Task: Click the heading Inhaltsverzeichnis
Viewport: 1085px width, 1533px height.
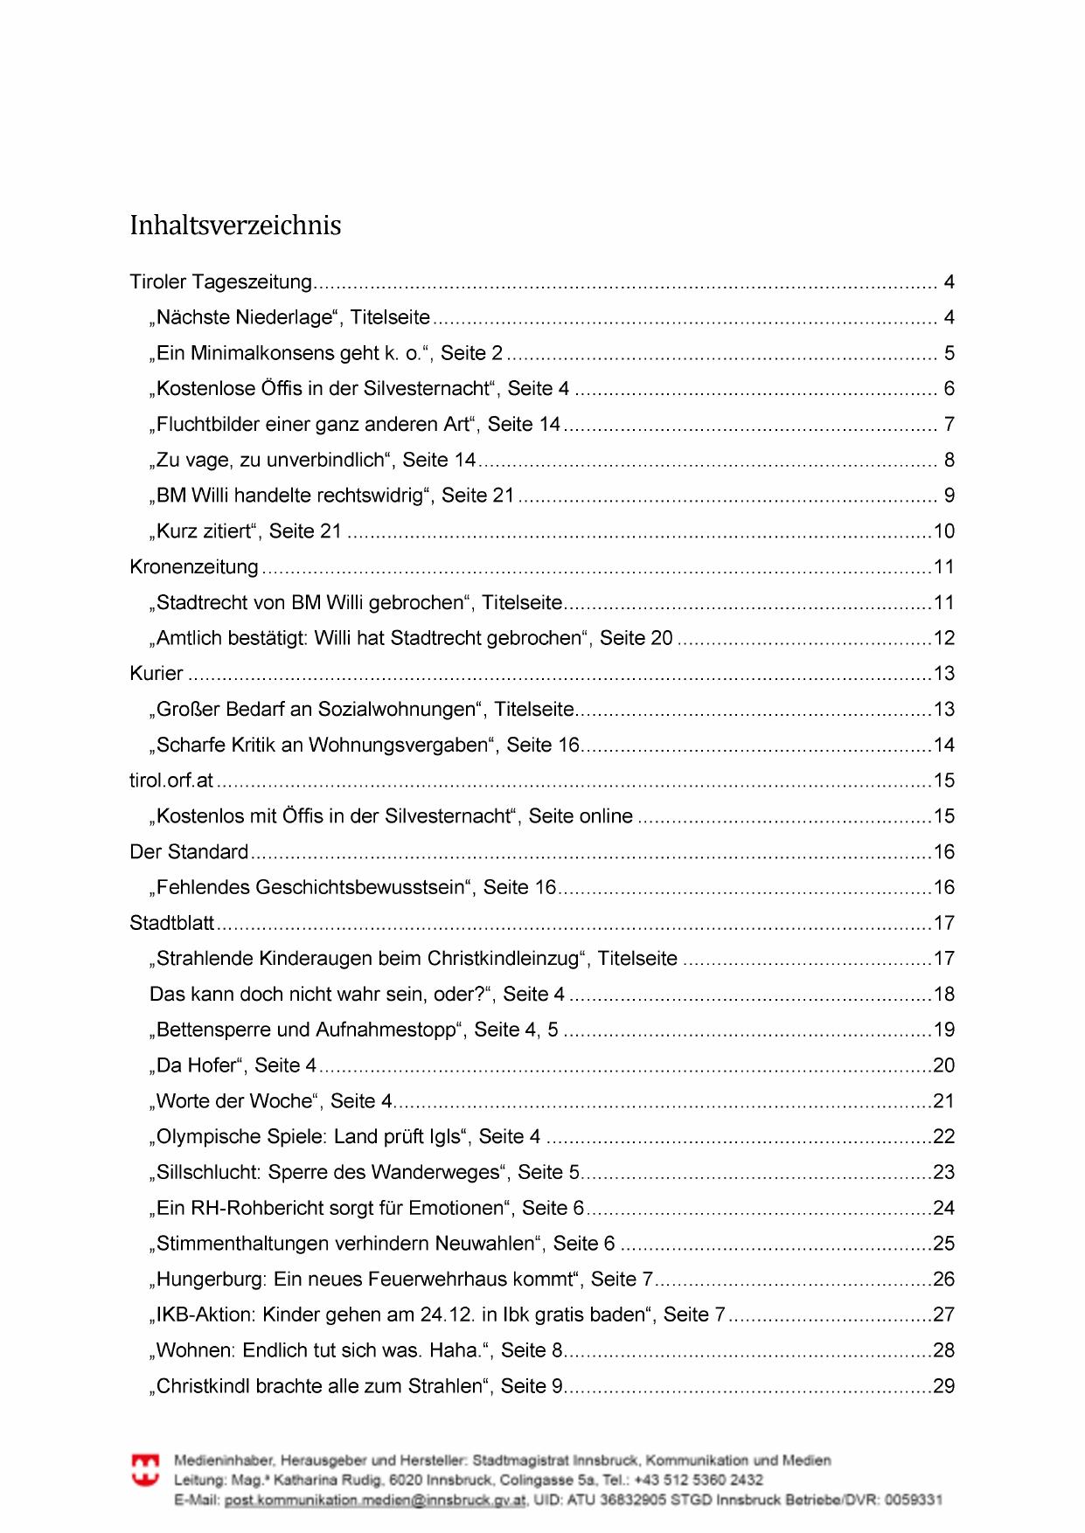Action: coord(235,225)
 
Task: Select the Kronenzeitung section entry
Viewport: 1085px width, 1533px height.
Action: coord(194,567)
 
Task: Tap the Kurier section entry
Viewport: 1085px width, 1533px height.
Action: coord(156,674)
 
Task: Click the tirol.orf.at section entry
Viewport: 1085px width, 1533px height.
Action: coord(171,780)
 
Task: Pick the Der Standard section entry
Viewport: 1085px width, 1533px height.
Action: coord(189,852)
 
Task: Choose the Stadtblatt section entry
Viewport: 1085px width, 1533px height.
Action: coord(172,923)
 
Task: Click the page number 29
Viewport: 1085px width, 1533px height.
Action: coord(943,1386)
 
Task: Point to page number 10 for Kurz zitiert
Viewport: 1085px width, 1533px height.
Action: coord(943,531)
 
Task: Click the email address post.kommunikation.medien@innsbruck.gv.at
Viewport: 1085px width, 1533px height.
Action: coord(375,1500)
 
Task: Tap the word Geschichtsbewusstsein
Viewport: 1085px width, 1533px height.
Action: coord(360,888)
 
